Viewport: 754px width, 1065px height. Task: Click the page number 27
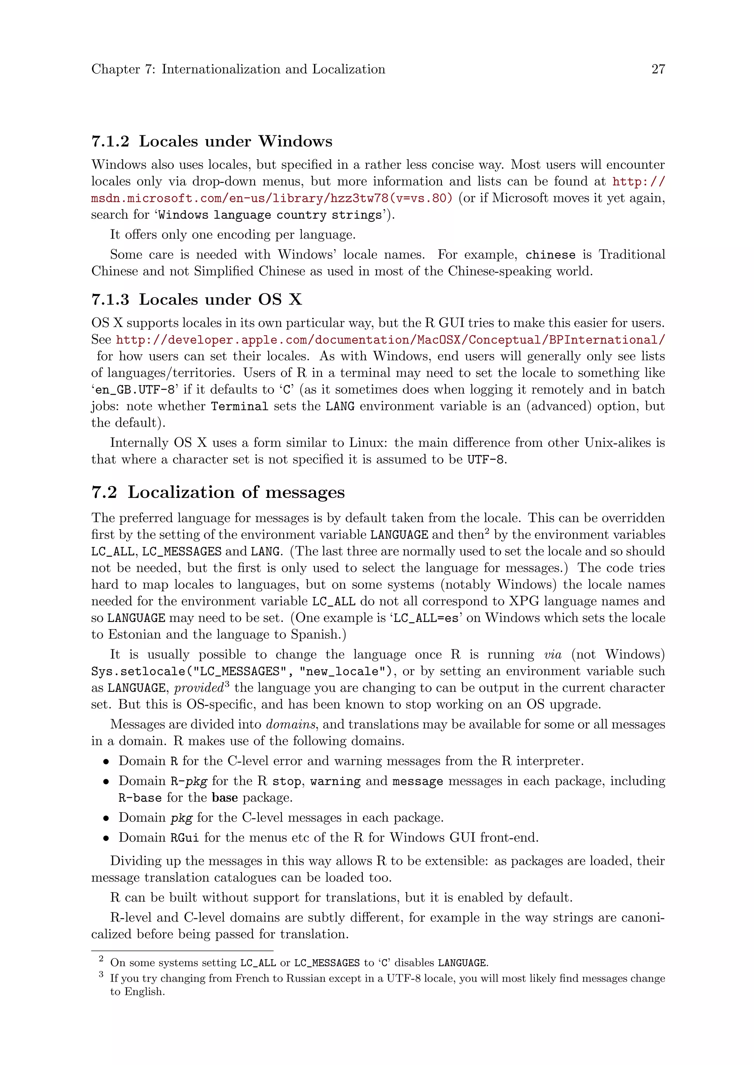tap(658, 69)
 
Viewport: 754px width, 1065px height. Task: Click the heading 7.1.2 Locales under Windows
tap(212, 141)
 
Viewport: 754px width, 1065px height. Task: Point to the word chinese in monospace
tap(550, 254)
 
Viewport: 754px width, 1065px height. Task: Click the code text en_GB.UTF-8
tap(135, 390)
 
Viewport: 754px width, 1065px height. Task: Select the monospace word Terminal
tap(240, 406)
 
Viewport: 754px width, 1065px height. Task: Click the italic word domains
tap(291, 724)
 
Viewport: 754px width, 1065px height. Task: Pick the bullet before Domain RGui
tap(106, 838)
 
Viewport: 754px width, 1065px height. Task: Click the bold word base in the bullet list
tap(225, 797)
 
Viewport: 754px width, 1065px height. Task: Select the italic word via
tap(552, 655)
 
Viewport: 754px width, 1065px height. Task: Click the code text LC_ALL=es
tap(426, 618)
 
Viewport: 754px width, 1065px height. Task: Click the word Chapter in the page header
tap(116, 69)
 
